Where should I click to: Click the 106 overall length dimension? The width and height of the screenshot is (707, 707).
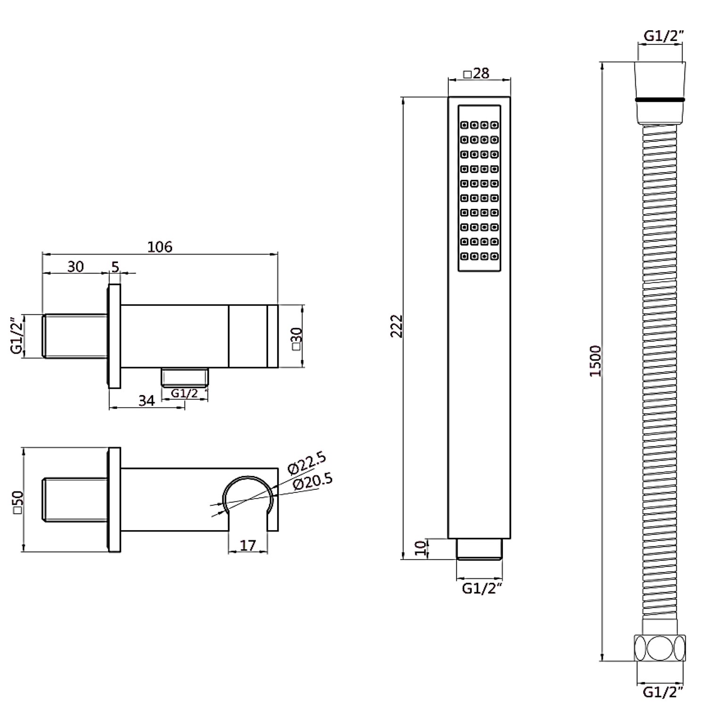[160, 247]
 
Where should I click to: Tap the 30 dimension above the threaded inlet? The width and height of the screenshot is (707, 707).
[75, 267]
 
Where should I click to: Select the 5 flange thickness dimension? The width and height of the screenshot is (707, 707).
[115, 267]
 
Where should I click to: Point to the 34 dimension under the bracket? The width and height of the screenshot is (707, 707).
[147, 401]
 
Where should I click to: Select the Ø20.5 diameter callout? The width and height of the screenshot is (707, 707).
[313, 482]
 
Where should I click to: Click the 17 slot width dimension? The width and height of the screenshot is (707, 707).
[248, 545]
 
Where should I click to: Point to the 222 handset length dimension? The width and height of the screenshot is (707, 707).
[397, 326]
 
